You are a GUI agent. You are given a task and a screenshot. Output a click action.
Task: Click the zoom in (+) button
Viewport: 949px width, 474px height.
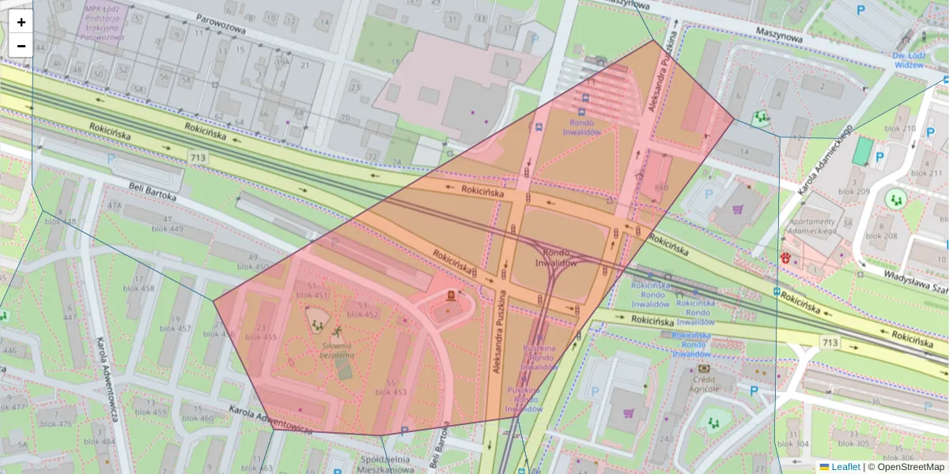[21, 22]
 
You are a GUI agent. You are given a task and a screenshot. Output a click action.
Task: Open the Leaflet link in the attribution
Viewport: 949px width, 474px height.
[845, 467]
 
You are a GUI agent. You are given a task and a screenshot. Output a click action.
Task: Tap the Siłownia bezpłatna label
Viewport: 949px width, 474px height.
[338, 350]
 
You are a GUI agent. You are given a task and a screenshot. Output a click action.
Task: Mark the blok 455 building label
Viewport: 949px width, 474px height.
[260, 337]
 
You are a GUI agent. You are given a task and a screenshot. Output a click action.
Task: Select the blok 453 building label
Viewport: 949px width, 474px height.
[391, 392]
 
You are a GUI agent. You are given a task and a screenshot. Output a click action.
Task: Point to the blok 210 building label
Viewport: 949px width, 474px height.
[900, 129]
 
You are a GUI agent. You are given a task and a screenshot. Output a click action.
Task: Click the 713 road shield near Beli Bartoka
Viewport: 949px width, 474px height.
[198, 159]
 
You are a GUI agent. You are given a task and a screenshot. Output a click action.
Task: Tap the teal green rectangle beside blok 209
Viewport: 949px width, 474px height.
[861, 152]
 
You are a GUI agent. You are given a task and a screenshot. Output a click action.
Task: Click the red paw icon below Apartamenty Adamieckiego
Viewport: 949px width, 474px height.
[785, 258]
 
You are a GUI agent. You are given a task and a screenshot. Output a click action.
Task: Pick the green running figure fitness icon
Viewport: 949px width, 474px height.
[338, 332]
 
